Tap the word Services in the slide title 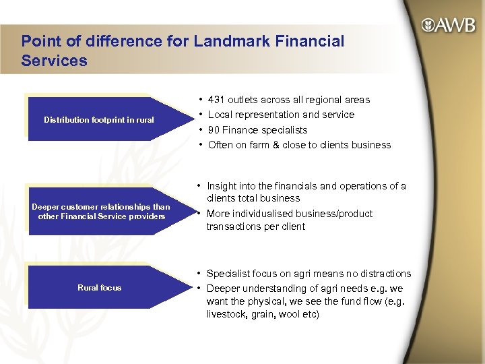[54, 61]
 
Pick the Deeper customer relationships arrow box [101, 212]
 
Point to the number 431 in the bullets [218, 100]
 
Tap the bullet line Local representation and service [281, 115]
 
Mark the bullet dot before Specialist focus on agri [200, 274]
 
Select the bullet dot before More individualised [200, 214]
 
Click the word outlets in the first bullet [245, 100]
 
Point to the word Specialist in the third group [229, 274]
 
